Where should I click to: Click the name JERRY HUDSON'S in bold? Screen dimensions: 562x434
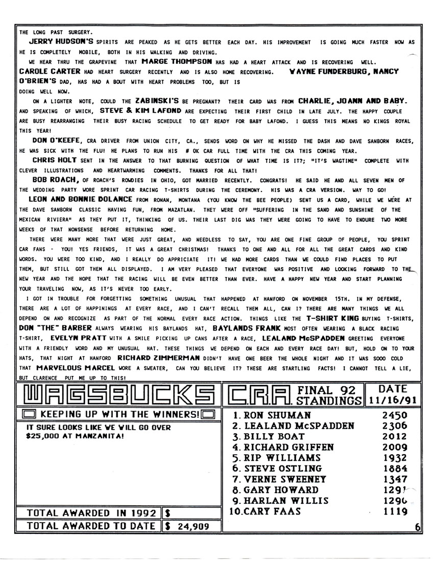[x=61, y=42]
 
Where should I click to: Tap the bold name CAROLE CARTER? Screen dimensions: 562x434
[x=49, y=72]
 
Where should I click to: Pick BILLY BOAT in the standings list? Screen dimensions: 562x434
[x=274, y=436]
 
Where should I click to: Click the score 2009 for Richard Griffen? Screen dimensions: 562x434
[x=394, y=447]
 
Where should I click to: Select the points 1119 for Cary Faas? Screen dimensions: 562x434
[x=394, y=511]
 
